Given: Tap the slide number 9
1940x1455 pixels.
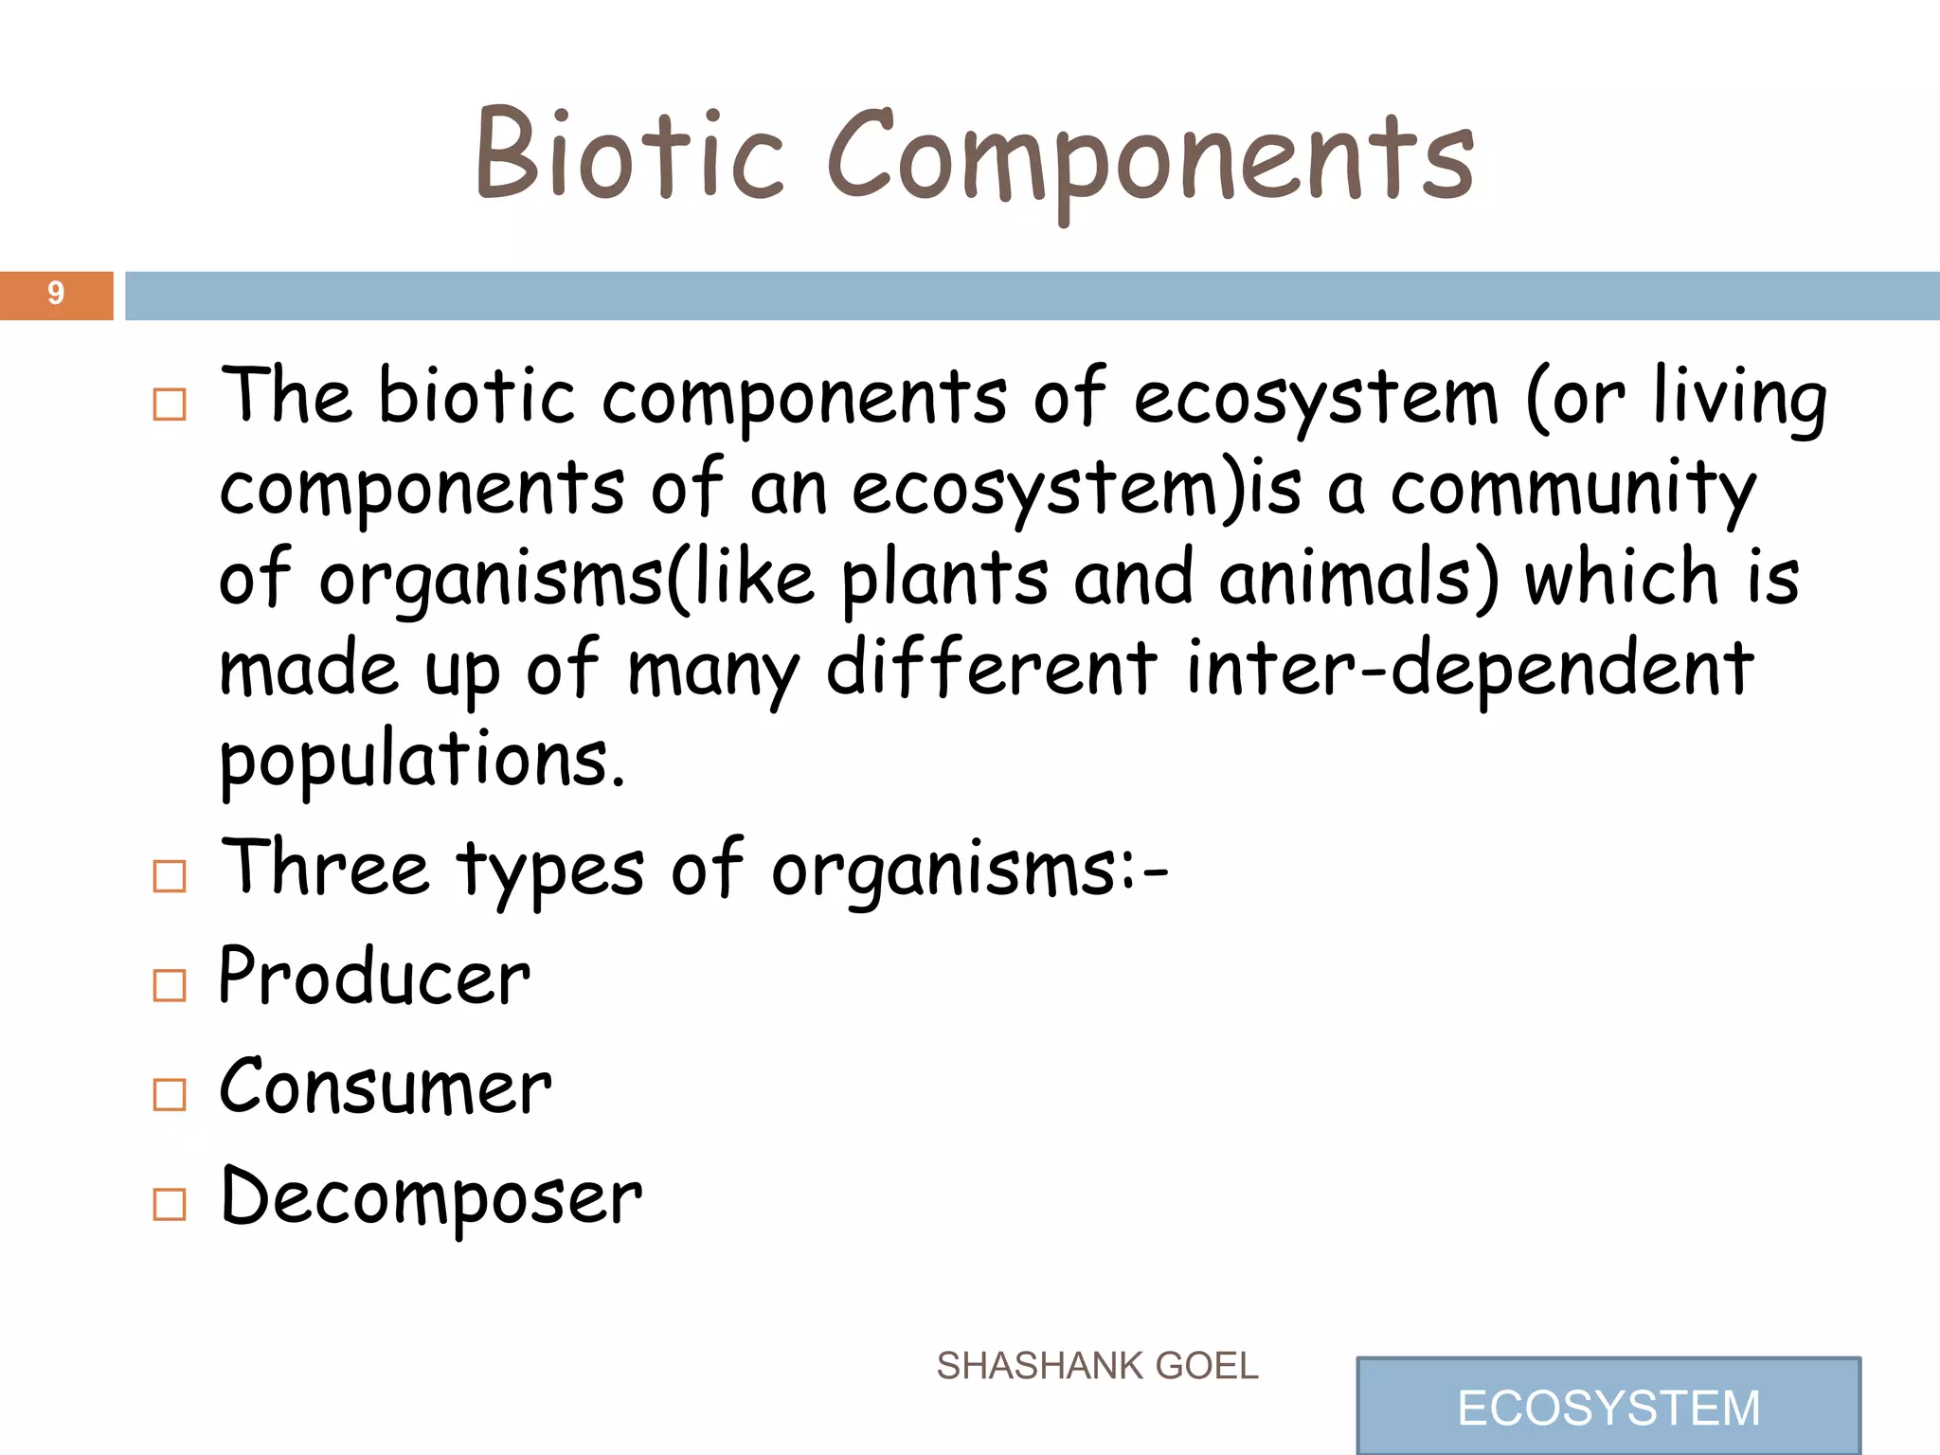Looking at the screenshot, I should click(56, 294).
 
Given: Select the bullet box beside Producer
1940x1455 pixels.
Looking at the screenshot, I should click(170, 985).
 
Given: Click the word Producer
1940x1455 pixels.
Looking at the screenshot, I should click(374, 978).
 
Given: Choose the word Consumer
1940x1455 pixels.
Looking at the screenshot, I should click(385, 1087).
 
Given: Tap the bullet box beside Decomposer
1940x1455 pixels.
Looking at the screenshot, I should click(170, 1204).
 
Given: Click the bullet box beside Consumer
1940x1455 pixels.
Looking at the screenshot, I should click(170, 1094).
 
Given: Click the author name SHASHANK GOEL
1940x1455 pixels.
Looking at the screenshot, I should click(1097, 1366).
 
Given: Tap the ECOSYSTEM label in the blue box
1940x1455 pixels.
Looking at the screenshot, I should click(1608, 1408).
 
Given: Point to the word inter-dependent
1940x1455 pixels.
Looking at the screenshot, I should click(1469, 669).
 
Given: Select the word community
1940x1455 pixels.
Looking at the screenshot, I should click(1572, 489).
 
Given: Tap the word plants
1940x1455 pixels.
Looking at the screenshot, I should click(944, 580).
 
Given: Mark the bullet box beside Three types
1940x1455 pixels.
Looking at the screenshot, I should click(170, 876).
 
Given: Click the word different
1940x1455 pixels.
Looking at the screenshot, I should click(991, 669).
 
